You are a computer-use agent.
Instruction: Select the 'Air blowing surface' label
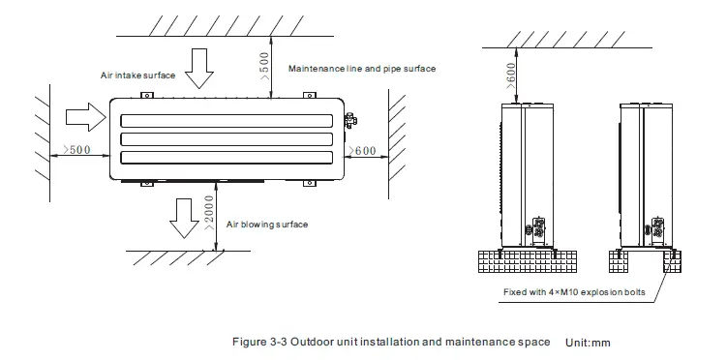pos(267,224)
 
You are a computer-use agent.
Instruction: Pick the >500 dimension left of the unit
pos(76,151)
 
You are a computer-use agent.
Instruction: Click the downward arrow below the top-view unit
pos(184,216)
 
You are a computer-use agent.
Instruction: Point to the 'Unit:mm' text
pos(589,343)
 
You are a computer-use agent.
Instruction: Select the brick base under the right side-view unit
pos(643,262)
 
